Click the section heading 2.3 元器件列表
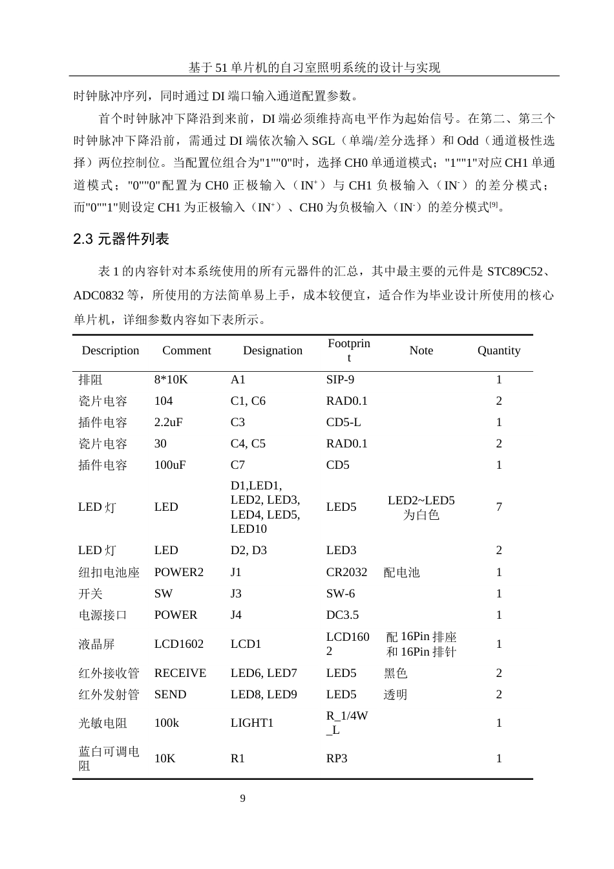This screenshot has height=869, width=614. point(121,239)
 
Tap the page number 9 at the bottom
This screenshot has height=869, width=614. point(243,799)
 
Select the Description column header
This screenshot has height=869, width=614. point(111,350)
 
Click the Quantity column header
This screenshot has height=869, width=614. point(498,350)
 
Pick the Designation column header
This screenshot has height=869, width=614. point(272,350)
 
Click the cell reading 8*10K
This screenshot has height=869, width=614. point(171,380)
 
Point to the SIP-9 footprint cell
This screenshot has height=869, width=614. point(340,380)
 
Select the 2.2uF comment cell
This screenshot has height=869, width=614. point(168,422)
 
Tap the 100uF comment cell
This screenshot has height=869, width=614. point(169,465)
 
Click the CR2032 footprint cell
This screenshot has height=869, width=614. point(346,572)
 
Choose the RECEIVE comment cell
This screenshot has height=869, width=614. point(180,673)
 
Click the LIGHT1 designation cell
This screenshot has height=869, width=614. point(252,723)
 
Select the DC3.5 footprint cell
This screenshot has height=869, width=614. point(343,615)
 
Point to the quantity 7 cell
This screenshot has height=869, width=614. point(499,507)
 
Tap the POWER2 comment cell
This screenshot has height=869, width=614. point(178,572)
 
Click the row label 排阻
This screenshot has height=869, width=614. point(90,380)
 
